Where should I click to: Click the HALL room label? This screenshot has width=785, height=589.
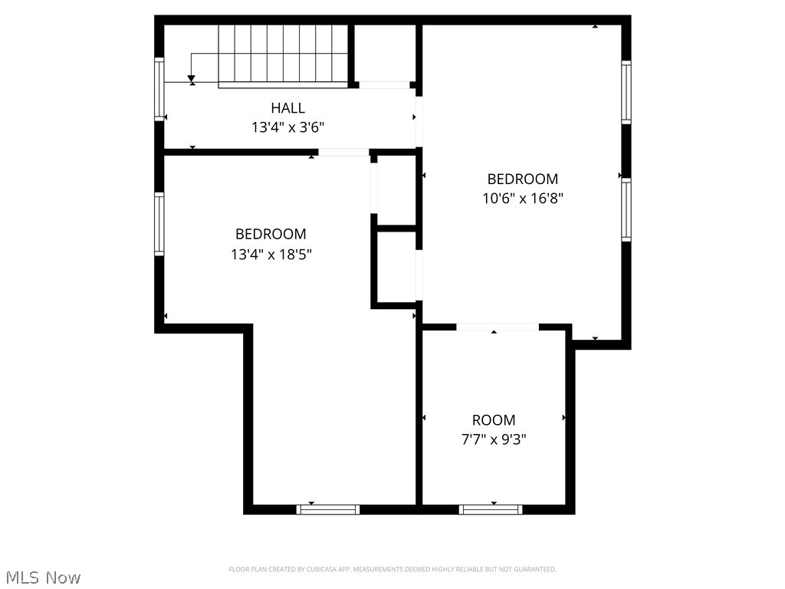pos(287,108)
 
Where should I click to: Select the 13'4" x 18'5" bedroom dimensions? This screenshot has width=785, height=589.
pos(271,254)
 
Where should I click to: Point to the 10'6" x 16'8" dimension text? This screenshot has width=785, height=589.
pos(523,198)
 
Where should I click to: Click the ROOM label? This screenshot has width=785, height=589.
pos(494,420)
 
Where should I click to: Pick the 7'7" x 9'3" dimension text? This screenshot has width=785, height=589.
pos(494,439)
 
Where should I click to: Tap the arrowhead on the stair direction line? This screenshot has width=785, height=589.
pos(192,79)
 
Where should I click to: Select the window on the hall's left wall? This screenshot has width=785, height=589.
pos(159,88)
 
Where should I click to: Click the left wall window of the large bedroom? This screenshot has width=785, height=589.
pos(159,223)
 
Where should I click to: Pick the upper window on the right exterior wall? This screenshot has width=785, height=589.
pos(626,92)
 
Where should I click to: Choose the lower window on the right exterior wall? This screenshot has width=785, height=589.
pos(626,209)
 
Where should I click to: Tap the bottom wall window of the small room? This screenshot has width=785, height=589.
pos(491,509)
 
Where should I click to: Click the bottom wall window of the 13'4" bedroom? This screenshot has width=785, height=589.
pos(328,509)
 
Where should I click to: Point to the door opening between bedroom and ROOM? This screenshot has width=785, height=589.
pos(498,327)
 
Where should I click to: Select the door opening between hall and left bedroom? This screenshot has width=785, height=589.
pos(343,152)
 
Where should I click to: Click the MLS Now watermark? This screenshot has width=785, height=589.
pos(43,577)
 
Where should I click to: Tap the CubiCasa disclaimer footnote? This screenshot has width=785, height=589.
pos(392,569)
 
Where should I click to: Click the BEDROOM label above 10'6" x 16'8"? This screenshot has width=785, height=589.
pos(523,179)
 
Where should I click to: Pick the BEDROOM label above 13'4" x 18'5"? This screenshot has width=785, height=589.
pos(271,235)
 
